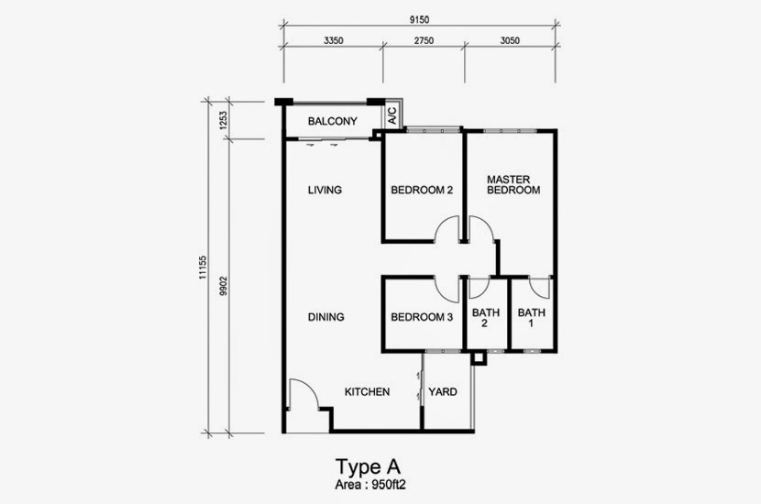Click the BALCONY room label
[x=333, y=121]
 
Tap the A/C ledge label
[x=392, y=116]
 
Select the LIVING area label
[x=325, y=190]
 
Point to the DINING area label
[x=326, y=317]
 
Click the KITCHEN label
[x=367, y=392]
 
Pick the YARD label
[x=443, y=392]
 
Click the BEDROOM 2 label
[x=422, y=191]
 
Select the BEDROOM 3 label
[x=422, y=317]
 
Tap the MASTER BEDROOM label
[x=513, y=185]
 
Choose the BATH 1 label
[x=532, y=318]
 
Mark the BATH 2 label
[x=486, y=318]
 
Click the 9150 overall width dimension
[x=419, y=20]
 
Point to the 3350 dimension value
[x=334, y=40]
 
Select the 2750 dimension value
[x=424, y=40]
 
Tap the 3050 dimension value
[x=510, y=40]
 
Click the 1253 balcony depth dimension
[x=223, y=120]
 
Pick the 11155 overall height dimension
[x=203, y=268]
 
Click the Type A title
[x=369, y=466]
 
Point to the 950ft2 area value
[x=388, y=485]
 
